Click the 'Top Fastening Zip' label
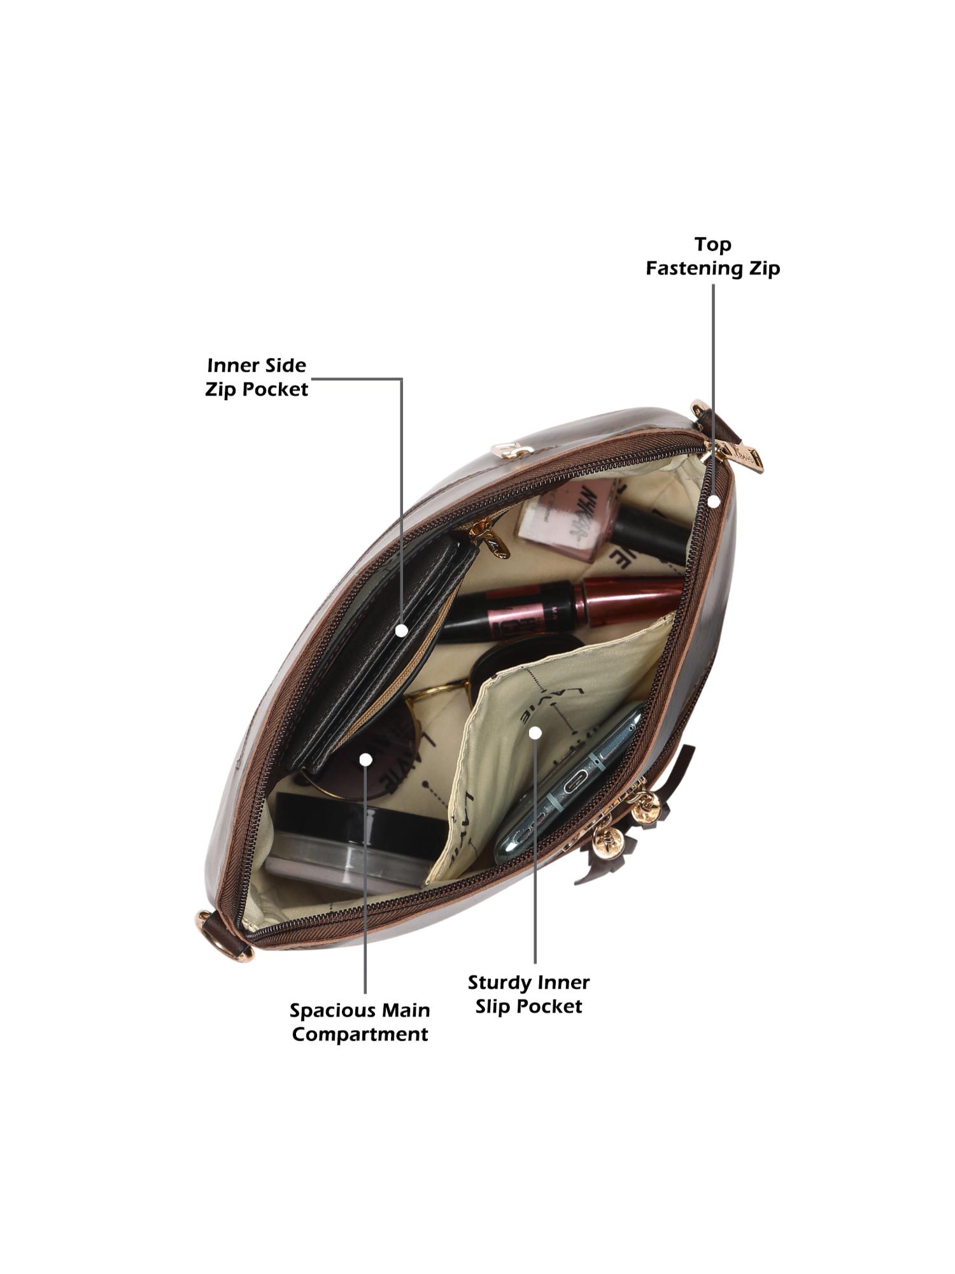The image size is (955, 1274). click(x=712, y=256)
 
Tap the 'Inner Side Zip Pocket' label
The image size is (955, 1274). click(x=257, y=377)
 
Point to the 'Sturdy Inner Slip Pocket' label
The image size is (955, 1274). click(x=528, y=994)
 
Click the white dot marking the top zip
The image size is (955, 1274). click(x=714, y=501)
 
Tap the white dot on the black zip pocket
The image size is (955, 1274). click(x=401, y=630)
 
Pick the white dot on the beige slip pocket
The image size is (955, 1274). click(x=535, y=733)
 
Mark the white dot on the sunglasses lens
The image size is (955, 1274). click(x=365, y=759)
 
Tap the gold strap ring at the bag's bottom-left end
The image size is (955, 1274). click(x=205, y=920)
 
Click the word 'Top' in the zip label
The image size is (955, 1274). click(x=712, y=244)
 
